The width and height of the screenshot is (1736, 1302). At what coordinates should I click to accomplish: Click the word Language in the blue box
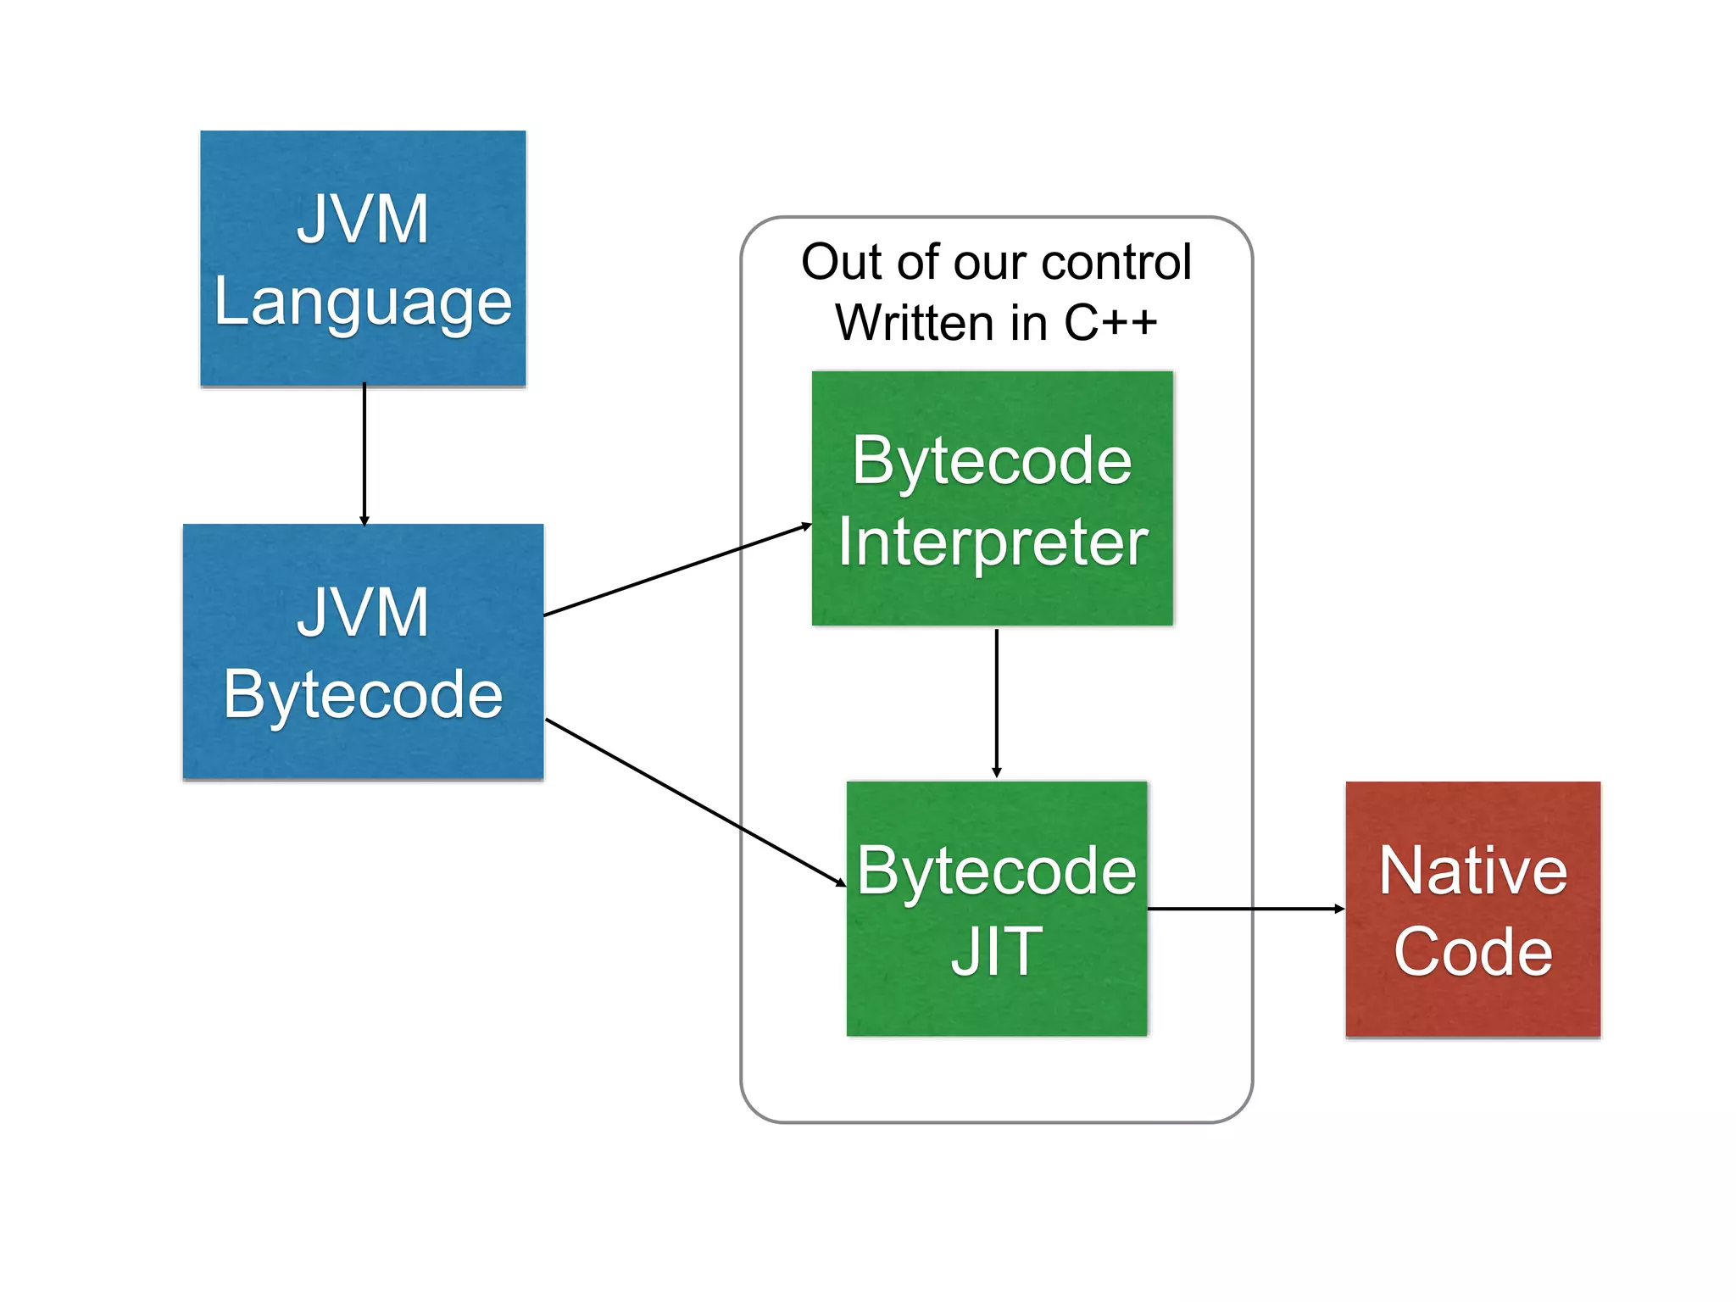tap(363, 303)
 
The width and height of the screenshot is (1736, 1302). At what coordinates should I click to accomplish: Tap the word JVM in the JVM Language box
tap(363, 219)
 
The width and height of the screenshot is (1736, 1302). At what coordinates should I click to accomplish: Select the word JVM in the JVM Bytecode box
tap(363, 612)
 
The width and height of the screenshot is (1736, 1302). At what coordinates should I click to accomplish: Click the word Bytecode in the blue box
tap(363, 694)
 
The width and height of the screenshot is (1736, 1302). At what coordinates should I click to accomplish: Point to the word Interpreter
tap(993, 542)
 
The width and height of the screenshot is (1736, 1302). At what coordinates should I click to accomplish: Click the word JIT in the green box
tap(996, 952)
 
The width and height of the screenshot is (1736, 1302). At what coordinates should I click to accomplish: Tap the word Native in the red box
tap(1473, 871)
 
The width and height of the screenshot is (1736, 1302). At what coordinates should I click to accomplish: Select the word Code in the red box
tap(1473, 952)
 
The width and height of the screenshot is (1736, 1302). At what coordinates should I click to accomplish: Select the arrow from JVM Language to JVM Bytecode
tap(364, 453)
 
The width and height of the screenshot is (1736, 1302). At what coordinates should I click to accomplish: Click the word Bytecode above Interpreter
tap(993, 460)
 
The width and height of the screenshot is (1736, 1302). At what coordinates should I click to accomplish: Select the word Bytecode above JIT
tap(996, 871)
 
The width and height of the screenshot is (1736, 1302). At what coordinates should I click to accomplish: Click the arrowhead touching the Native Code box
tap(1339, 909)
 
